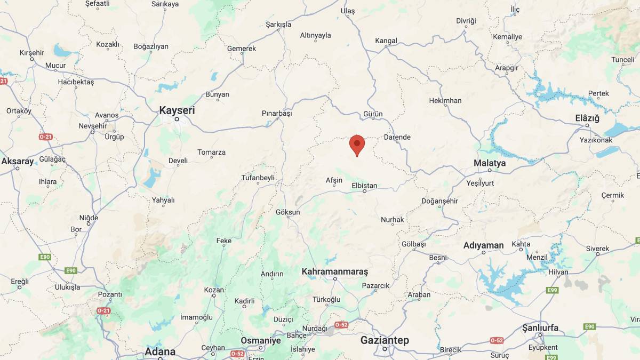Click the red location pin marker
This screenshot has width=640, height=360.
click(357, 145)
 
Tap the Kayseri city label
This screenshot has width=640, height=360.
click(177, 110)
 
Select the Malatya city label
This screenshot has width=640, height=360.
click(490, 163)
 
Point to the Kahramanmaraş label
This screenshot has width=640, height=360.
click(335, 271)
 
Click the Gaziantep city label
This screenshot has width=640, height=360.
click(385, 340)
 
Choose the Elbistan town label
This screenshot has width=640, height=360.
click(364, 186)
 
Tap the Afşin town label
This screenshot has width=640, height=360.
click(334, 180)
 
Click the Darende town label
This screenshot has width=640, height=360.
click(397, 137)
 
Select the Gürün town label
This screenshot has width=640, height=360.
click(373, 114)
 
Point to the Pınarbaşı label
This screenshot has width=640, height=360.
click(277, 114)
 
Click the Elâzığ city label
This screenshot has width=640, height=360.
click(587, 118)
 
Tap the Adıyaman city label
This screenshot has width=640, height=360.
click(483, 245)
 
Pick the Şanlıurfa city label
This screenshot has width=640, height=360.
click(540, 327)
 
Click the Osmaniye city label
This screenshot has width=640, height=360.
click(261, 340)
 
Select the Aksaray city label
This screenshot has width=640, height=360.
click(18, 161)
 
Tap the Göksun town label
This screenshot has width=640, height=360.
click(288, 212)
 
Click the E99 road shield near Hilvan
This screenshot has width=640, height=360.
click(552, 290)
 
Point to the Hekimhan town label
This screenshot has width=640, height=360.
click(445, 100)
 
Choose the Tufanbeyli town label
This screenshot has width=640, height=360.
click(258, 178)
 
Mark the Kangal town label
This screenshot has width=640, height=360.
click(386, 41)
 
